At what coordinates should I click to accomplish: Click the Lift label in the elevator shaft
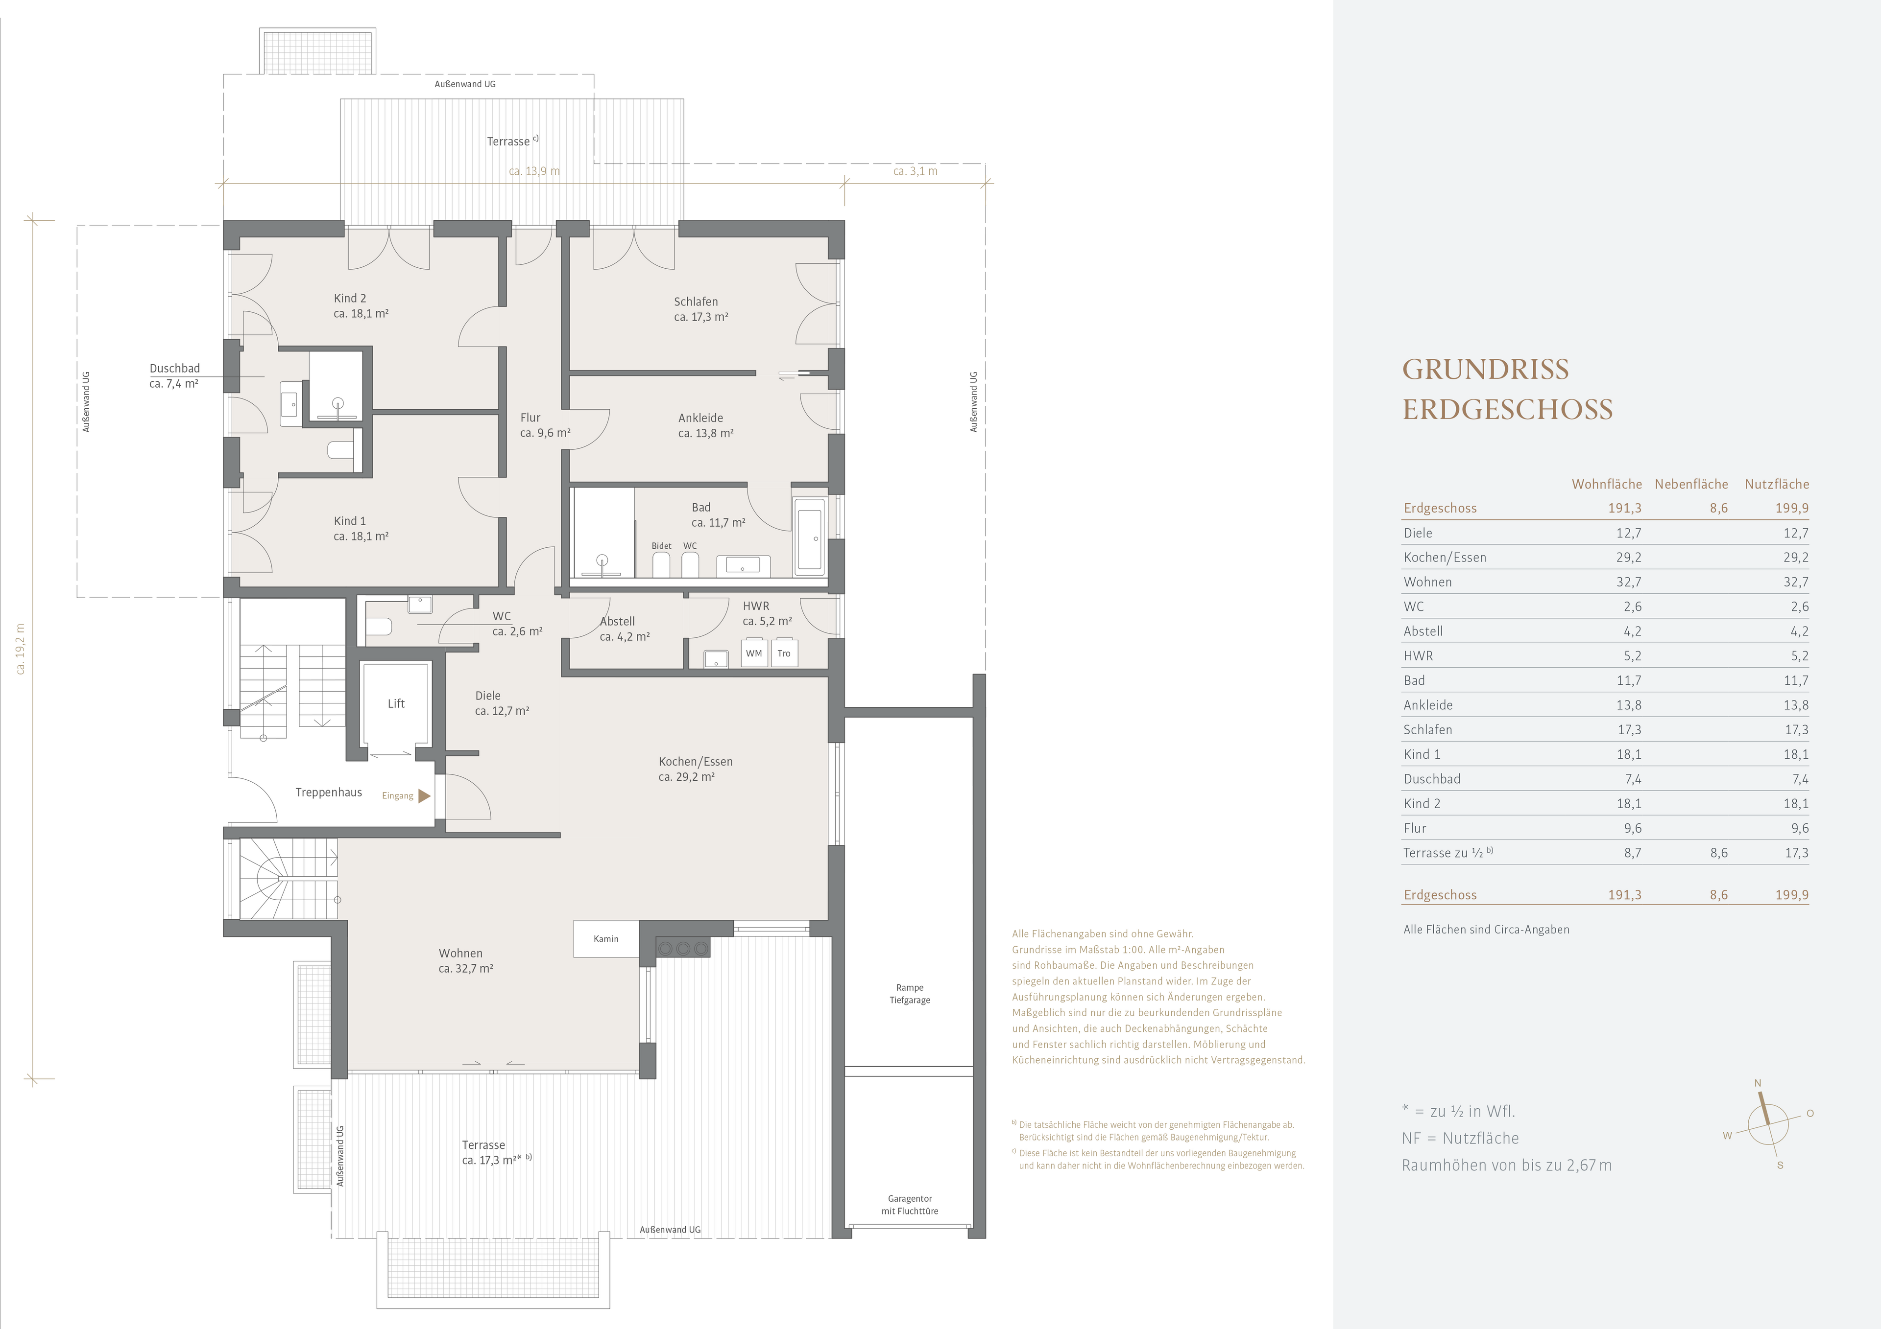point(396,703)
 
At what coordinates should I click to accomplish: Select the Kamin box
point(606,938)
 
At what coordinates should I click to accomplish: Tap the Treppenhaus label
point(329,793)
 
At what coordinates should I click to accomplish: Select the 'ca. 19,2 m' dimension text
point(21,649)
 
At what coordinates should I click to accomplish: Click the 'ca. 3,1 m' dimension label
point(915,171)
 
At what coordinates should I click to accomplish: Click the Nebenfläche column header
point(1691,484)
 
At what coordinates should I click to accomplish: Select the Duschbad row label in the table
point(1432,779)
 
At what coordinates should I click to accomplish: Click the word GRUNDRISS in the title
point(1485,369)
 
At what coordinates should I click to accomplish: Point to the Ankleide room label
point(700,418)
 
